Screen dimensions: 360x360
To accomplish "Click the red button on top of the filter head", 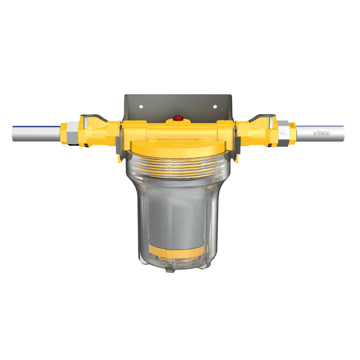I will pyautogui.click(x=178, y=118).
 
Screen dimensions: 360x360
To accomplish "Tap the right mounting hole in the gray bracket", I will pyautogui.click(x=215, y=107).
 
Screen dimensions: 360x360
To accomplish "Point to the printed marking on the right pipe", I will pyautogui.click(x=321, y=133).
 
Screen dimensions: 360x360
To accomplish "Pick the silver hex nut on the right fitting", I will pyautogui.click(x=283, y=133).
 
